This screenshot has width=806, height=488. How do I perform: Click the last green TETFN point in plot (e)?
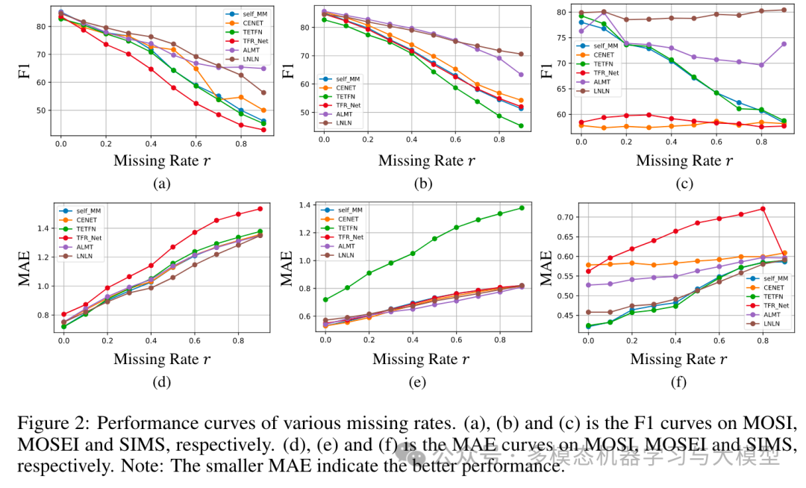(x=521, y=207)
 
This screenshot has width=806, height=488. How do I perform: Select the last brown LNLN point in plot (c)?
(x=783, y=10)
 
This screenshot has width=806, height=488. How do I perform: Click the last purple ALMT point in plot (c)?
(x=783, y=44)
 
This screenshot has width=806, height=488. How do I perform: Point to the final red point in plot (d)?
(x=260, y=208)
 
